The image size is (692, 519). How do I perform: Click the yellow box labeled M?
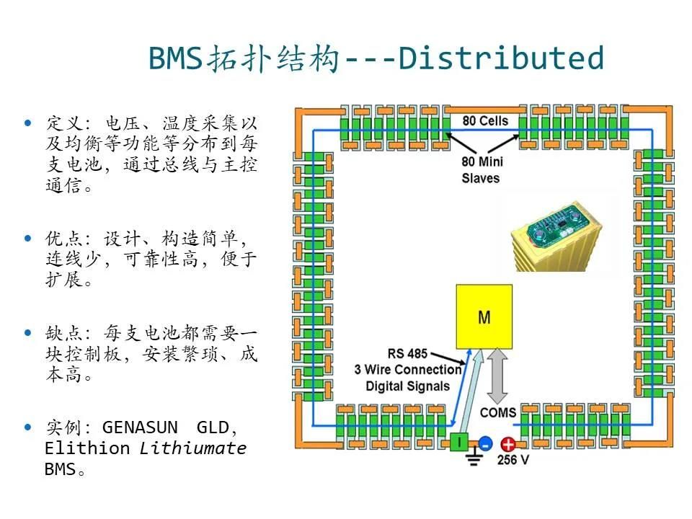click(x=484, y=316)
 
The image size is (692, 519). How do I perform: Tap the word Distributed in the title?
click(x=500, y=58)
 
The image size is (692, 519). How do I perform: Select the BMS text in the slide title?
click(x=174, y=58)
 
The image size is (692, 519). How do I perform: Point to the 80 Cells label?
click(x=485, y=120)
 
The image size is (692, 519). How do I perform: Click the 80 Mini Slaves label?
click(x=481, y=170)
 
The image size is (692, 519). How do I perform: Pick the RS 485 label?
click(x=407, y=354)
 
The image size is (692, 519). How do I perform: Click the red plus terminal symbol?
click(x=509, y=445)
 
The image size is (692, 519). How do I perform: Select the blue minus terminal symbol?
click(x=485, y=444)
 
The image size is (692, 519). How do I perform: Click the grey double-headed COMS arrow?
click(x=497, y=374)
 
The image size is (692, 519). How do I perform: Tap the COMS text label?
click(x=498, y=412)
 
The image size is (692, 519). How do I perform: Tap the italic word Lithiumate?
click(x=193, y=448)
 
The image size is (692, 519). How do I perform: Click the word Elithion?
click(x=87, y=448)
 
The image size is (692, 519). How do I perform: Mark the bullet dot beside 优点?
click(x=29, y=238)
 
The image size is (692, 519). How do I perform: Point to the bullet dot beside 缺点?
click(x=29, y=333)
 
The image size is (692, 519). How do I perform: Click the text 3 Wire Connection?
click(x=407, y=370)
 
